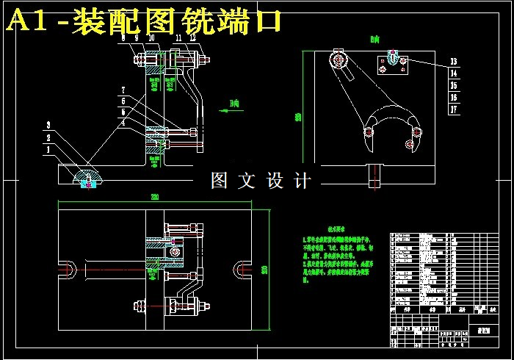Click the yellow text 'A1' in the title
pos(27,21)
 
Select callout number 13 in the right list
pos(454,62)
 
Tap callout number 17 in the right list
pos(454,109)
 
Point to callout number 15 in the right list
pos(454,85)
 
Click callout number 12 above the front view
pos(192,37)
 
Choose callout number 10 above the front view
pos(151,37)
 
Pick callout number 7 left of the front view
pos(123,89)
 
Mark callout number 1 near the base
pos(48,149)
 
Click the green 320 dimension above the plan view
pos(155,197)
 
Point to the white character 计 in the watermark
pos(302,181)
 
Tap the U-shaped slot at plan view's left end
pos(68,270)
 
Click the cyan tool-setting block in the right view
pos(393,57)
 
